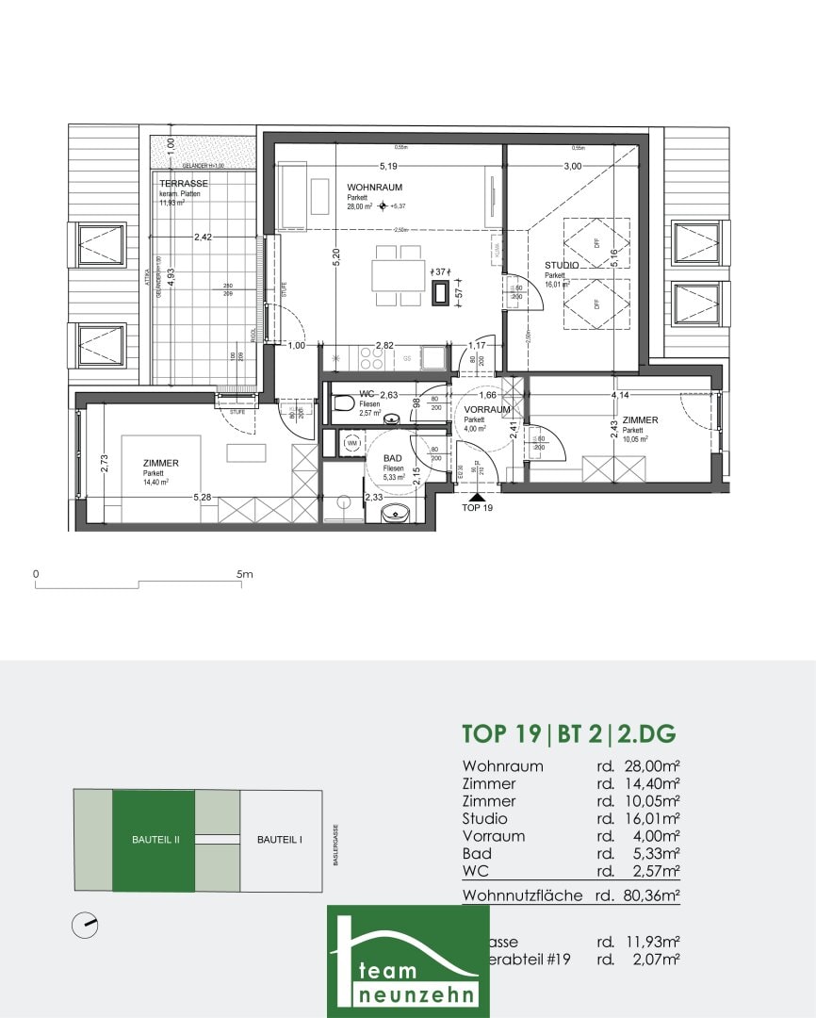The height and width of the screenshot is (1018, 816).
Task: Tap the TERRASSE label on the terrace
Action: click(183, 183)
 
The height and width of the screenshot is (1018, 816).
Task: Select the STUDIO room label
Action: click(563, 266)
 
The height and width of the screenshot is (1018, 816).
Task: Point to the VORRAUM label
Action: click(487, 410)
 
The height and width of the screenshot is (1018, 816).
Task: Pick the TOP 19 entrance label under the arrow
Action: click(478, 507)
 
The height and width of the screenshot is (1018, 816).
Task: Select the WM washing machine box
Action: click(352, 441)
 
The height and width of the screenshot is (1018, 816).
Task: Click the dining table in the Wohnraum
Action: click(397, 274)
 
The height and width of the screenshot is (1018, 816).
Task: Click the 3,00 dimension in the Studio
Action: click(572, 166)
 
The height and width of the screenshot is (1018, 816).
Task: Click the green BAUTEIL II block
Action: click(154, 840)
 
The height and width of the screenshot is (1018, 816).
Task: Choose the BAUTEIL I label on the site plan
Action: click(280, 840)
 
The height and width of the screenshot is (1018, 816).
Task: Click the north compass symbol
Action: click(85, 926)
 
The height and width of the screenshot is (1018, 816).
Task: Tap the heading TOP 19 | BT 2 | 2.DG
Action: click(569, 733)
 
